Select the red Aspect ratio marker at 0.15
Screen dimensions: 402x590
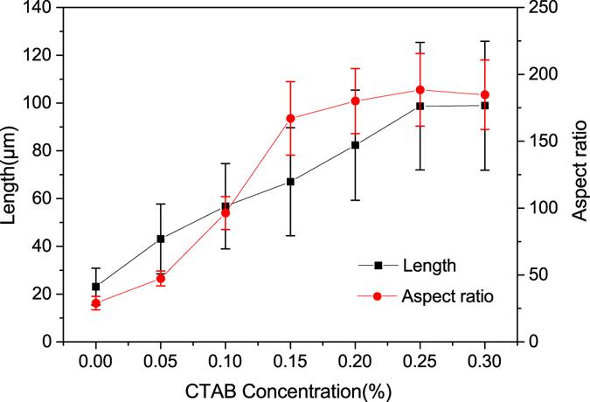[x=290, y=119]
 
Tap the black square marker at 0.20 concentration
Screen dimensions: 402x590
[x=355, y=145]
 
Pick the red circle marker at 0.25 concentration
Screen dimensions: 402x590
[x=420, y=89]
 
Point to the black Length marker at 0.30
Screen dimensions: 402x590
[x=484, y=106]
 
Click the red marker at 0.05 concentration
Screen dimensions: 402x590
[x=161, y=279]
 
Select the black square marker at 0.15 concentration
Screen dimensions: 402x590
[x=290, y=182]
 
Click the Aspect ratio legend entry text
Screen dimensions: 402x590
[x=447, y=296]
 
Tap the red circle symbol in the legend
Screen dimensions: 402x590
[x=378, y=296]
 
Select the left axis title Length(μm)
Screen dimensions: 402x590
[x=11, y=175]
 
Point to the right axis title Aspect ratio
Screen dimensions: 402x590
[x=577, y=175]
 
